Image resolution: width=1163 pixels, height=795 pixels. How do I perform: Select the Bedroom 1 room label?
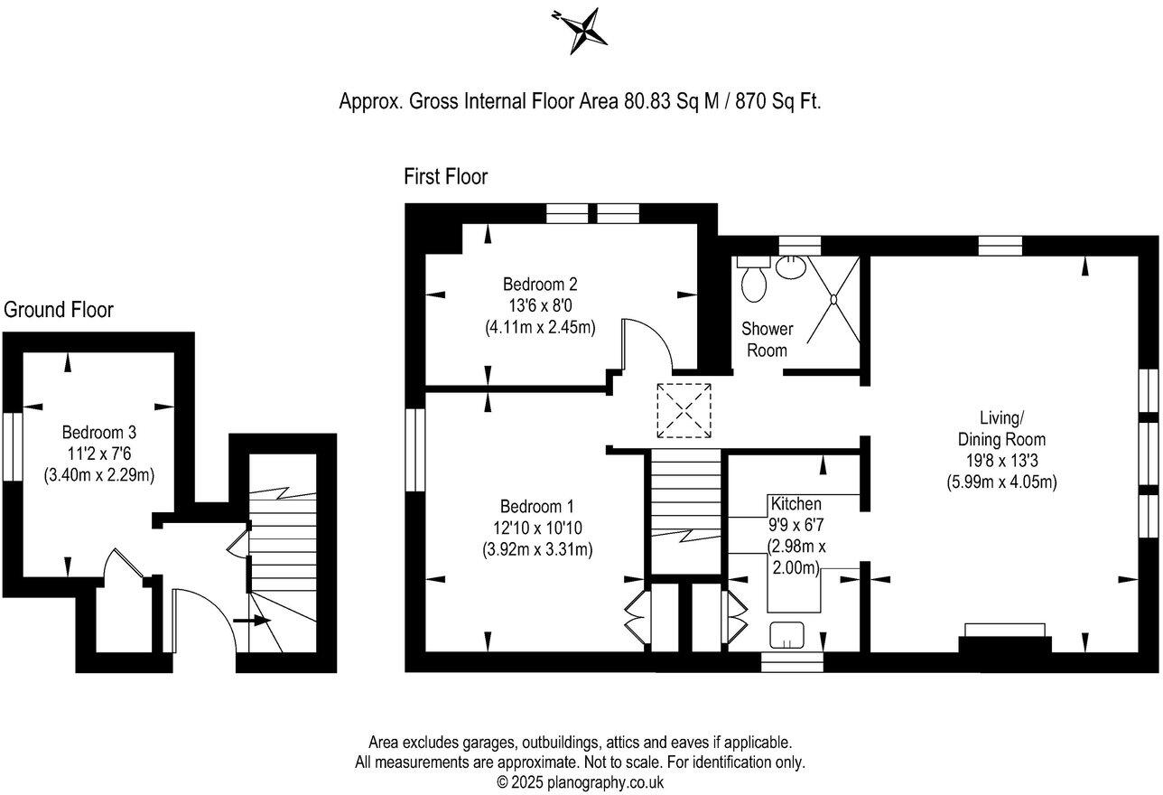click(538, 506)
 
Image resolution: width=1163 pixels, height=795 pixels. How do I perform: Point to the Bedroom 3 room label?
click(98, 432)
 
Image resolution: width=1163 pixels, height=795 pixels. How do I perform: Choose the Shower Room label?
click(767, 339)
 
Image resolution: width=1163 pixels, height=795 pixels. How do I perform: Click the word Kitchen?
click(795, 503)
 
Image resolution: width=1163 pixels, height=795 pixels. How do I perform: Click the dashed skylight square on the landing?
click(684, 411)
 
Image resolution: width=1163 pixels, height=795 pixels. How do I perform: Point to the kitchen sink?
click(786, 636)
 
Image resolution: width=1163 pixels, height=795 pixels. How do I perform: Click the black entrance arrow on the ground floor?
click(252, 621)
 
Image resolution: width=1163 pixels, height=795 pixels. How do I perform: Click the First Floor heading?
click(445, 177)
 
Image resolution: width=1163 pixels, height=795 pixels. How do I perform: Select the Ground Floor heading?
click(59, 310)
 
